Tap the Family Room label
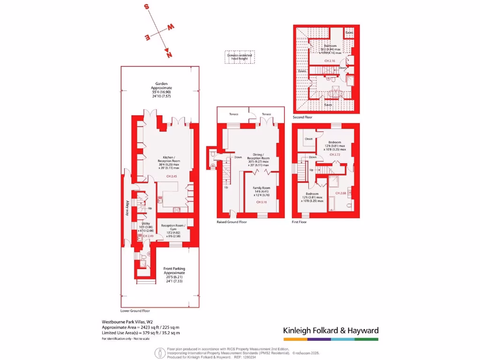point(262,188)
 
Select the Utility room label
point(145,224)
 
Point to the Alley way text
point(127,208)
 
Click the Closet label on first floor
point(308,139)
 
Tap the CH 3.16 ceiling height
point(262,202)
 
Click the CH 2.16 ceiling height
point(330,61)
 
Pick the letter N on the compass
point(168,55)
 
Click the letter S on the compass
point(147,7)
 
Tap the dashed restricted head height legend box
point(240,57)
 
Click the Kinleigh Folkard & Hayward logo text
point(330,330)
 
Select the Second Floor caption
point(302,117)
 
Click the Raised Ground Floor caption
point(232,222)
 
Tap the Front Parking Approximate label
point(174,270)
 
